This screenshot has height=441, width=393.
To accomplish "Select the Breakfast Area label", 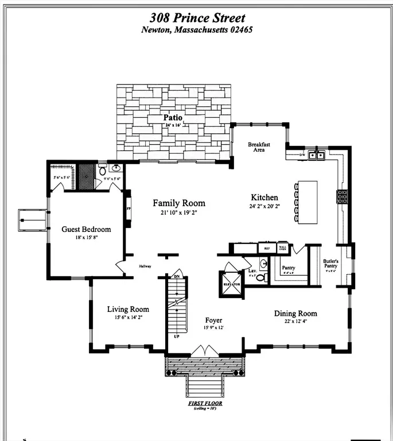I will tap(259, 147).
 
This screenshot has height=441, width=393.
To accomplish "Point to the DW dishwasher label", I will tap(302, 155).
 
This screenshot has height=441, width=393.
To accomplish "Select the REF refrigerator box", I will tap(266, 249).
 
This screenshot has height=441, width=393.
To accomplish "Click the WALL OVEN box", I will tap(282, 249).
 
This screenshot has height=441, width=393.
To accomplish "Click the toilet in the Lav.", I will tap(260, 277).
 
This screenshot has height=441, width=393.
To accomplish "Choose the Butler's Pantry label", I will tap(331, 265).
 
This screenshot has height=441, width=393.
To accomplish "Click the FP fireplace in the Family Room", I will tap(128, 208).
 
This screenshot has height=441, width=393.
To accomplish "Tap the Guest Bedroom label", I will tap(86, 229).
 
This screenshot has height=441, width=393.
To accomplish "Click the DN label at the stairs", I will tap(177, 277).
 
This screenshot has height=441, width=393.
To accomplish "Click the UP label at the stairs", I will tap(177, 336).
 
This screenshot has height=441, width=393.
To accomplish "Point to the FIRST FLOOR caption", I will tap(205, 404).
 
